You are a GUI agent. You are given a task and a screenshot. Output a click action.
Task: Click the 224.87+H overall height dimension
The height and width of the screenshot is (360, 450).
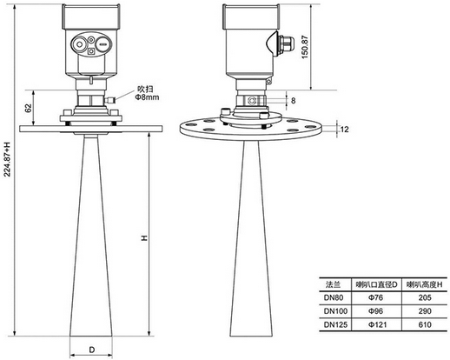coord(7,159)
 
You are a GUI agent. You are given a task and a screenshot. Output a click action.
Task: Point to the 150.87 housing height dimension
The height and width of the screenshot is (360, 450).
coord(305,47)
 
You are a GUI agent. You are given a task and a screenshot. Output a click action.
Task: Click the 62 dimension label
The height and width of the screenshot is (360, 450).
coord(28,108)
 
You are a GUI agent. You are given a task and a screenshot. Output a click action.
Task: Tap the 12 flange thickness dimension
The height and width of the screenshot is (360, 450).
coord(345,130)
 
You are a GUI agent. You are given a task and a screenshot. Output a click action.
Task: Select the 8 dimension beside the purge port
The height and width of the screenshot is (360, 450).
coord(294,101)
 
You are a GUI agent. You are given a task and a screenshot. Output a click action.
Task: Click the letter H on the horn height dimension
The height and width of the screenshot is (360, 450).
coord(144,238)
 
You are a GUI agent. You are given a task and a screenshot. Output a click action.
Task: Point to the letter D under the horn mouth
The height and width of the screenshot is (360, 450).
coord(91,350)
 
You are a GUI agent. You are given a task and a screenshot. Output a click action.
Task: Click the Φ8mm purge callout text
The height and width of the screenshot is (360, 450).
coord(147,97)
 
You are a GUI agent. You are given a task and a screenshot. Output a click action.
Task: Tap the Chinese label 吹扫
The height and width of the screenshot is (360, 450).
coord(145,89)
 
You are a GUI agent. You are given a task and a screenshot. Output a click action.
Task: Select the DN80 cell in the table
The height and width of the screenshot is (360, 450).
coord(334,297)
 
